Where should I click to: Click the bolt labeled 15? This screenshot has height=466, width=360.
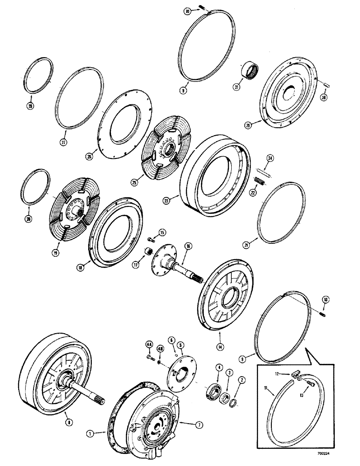point(151,240)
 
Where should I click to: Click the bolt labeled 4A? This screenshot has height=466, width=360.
point(150,357)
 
